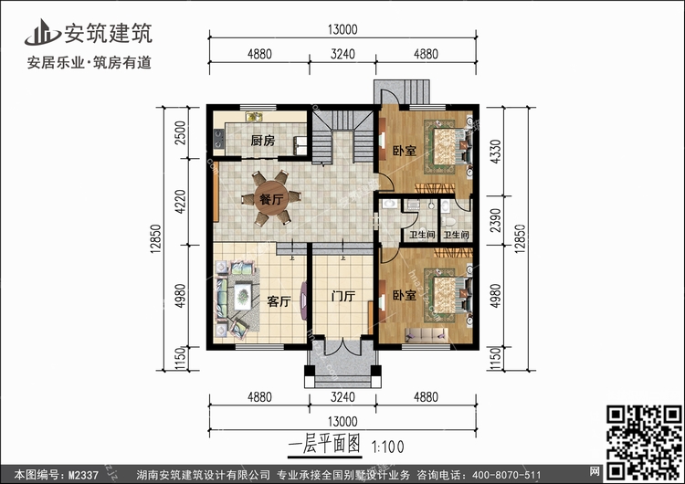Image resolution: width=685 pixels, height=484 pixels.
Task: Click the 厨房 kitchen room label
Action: [x=263, y=142]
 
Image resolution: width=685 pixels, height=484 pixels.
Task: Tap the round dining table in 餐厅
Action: [x=269, y=199]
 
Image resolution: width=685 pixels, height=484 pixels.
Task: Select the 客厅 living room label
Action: [x=279, y=301]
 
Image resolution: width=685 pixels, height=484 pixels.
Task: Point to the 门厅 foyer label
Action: [x=343, y=298]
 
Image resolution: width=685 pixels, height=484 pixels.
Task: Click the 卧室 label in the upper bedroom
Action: [x=405, y=151]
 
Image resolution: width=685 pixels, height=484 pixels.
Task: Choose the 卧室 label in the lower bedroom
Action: [x=405, y=296]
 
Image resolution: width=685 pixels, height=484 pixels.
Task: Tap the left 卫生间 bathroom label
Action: [x=421, y=236]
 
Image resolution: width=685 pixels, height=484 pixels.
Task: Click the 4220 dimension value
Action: [x=181, y=201]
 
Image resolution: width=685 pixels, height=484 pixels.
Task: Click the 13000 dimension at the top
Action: [x=343, y=30]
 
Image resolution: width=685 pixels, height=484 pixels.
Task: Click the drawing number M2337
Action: [x=84, y=474]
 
